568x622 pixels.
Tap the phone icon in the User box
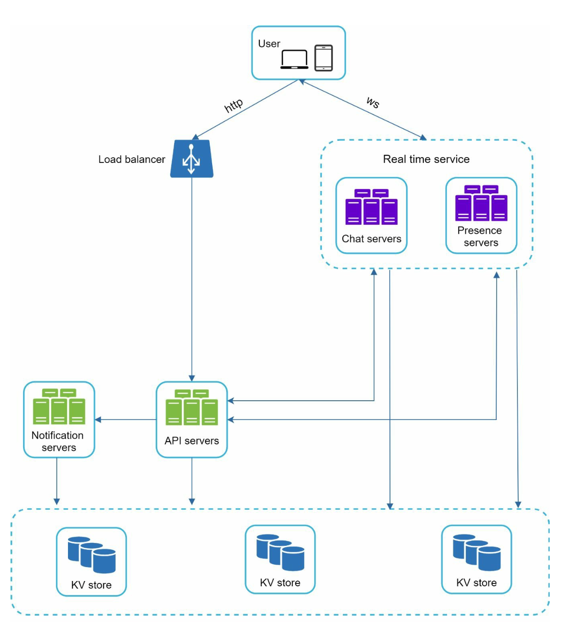point(324,58)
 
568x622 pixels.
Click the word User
point(269,44)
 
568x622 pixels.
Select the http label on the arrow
point(234,105)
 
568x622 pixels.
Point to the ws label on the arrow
point(373,102)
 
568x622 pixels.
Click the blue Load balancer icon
point(192,159)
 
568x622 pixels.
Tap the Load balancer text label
point(132,160)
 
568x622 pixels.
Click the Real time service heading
point(426,159)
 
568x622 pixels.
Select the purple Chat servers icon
point(371,207)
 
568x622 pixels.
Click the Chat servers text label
point(371,239)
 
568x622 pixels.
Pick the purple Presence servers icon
point(481,203)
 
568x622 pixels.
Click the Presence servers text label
point(480,236)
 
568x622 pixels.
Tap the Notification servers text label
point(58,441)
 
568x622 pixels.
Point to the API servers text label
point(191,441)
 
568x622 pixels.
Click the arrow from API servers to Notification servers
point(125,419)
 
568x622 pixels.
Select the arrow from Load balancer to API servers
point(192,280)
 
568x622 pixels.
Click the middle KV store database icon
point(280,552)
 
